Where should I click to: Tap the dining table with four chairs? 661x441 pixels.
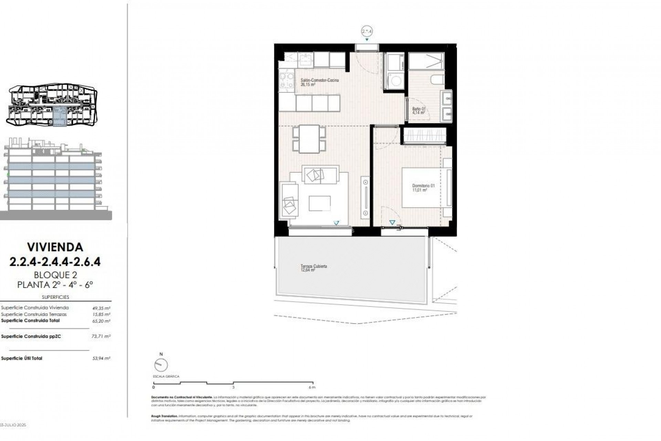click(x=309, y=139)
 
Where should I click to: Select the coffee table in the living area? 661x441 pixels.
click(x=319, y=203)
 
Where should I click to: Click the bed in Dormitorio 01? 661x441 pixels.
click(x=426, y=187)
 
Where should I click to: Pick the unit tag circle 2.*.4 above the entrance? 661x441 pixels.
click(x=367, y=31)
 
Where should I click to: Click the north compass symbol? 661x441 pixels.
click(x=161, y=365)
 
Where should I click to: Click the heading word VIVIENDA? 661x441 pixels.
click(x=55, y=247)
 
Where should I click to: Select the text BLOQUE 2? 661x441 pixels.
click(x=55, y=275)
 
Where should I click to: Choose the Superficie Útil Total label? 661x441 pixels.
click(x=22, y=358)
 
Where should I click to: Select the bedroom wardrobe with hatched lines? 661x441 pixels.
click(x=424, y=136)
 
